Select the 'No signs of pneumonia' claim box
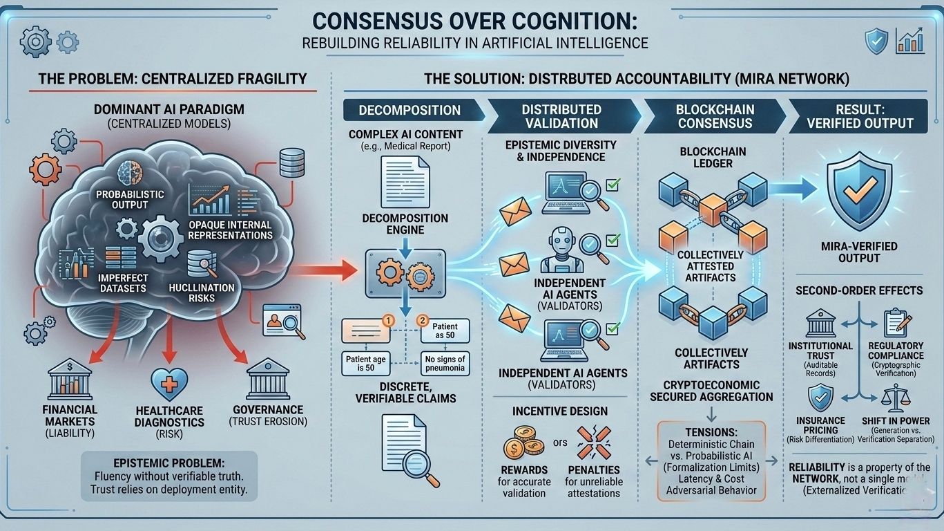click(445, 363)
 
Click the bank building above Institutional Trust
click(820, 323)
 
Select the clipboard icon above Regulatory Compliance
click(896, 323)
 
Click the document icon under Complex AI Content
click(405, 182)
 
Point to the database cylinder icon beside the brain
click(288, 163)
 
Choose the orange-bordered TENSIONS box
click(711, 460)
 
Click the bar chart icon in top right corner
click(909, 41)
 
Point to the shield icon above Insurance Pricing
click(820, 398)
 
